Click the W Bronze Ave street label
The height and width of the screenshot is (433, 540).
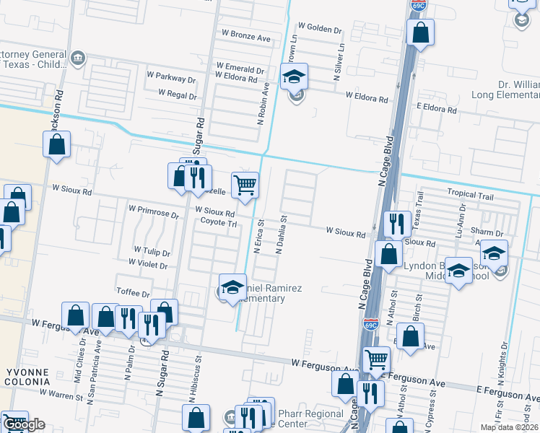point(245,34)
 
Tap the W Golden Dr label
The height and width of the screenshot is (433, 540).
point(318,29)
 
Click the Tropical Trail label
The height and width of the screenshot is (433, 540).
point(470,193)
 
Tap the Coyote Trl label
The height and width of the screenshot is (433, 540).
point(219,224)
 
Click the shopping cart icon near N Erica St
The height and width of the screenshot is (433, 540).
point(245,185)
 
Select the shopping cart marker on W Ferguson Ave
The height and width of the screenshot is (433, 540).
point(375,359)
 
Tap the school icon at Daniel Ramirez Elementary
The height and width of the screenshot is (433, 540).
point(232,287)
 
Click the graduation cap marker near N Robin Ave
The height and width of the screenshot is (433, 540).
point(294,76)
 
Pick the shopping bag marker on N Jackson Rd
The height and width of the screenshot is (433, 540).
point(57,144)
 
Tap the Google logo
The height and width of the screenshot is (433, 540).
point(24,425)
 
